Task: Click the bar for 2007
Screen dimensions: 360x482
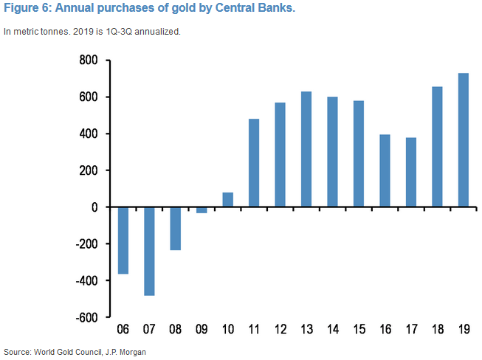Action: (x=149, y=251)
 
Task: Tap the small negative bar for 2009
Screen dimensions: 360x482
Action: (x=202, y=210)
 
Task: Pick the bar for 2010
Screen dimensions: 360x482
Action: (x=227, y=200)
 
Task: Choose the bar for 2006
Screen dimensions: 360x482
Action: (x=123, y=240)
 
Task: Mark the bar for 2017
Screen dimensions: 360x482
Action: (x=410, y=172)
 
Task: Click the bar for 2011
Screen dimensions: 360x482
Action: (x=254, y=163)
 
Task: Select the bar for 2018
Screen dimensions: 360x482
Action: (x=437, y=147)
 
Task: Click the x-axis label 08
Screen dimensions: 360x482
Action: (x=175, y=330)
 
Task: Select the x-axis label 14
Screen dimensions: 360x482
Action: (x=332, y=330)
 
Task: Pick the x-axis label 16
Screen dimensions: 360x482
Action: (x=385, y=330)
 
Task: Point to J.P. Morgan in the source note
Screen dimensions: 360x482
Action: (x=124, y=351)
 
